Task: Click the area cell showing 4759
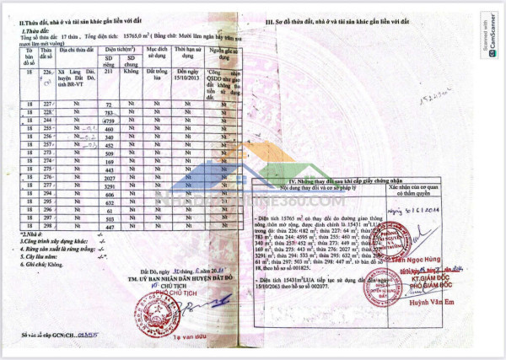coord(107,120)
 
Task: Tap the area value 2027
coord(108,177)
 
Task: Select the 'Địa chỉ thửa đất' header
coord(77,50)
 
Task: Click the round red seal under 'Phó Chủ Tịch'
coord(135,314)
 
